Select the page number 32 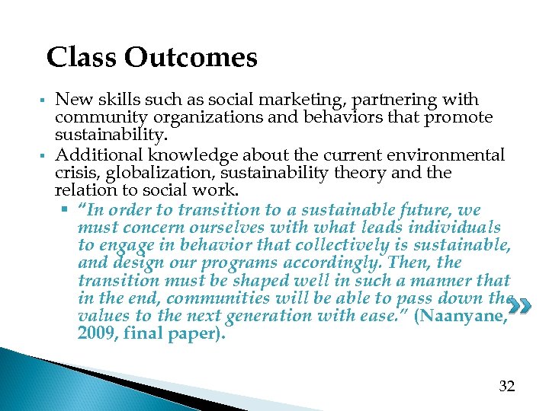pos(507,386)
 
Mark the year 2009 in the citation pos(96,333)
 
